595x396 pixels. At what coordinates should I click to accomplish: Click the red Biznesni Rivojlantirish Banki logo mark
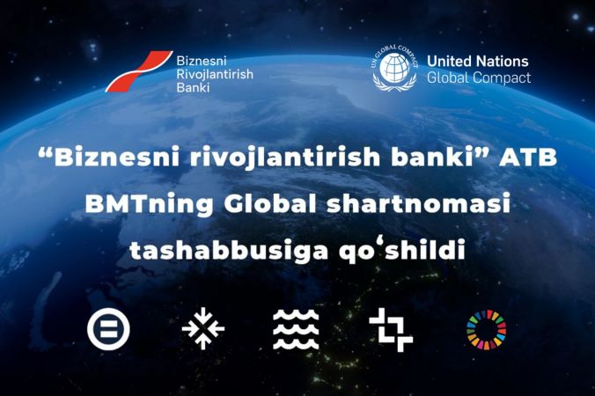pyautogui.click(x=138, y=71)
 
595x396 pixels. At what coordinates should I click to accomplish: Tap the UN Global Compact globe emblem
pyautogui.click(x=394, y=68)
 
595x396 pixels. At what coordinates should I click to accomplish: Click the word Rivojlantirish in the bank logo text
pyautogui.click(x=215, y=74)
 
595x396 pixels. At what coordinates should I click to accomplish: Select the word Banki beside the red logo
pyautogui.click(x=193, y=88)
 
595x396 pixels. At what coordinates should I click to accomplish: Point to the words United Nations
pyautogui.click(x=478, y=61)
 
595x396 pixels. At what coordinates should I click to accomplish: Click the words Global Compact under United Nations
pyautogui.click(x=479, y=77)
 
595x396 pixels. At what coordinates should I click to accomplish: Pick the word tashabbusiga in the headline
pyautogui.click(x=229, y=250)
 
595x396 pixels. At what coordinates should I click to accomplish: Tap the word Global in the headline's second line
pyautogui.click(x=270, y=204)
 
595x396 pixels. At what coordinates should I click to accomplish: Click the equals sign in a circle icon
pyautogui.click(x=108, y=328)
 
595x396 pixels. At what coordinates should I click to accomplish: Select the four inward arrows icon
pyautogui.click(x=203, y=328)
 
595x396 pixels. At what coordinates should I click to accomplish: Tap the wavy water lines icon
pyautogui.click(x=296, y=329)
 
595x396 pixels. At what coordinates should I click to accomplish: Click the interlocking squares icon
pyautogui.click(x=391, y=330)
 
